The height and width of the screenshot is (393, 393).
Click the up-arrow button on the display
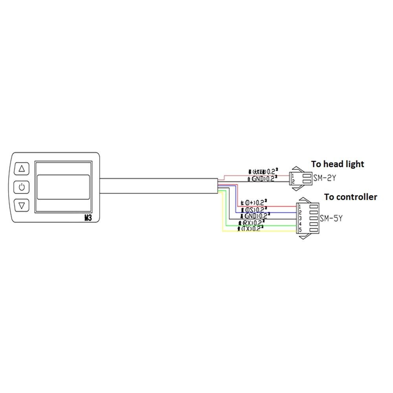(x=22, y=169)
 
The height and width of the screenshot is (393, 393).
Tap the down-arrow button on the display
(x=22, y=205)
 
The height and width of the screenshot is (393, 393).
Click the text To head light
(x=337, y=164)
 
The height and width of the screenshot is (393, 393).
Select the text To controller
(x=350, y=196)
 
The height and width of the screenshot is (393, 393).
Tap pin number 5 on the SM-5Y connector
(x=299, y=230)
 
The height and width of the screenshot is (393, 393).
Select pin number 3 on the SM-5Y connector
(x=299, y=218)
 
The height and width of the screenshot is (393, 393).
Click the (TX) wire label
(x=249, y=229)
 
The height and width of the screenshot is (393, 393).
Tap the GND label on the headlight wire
(x=259, y=179)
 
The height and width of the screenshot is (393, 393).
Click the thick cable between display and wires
(x=157, y=185)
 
